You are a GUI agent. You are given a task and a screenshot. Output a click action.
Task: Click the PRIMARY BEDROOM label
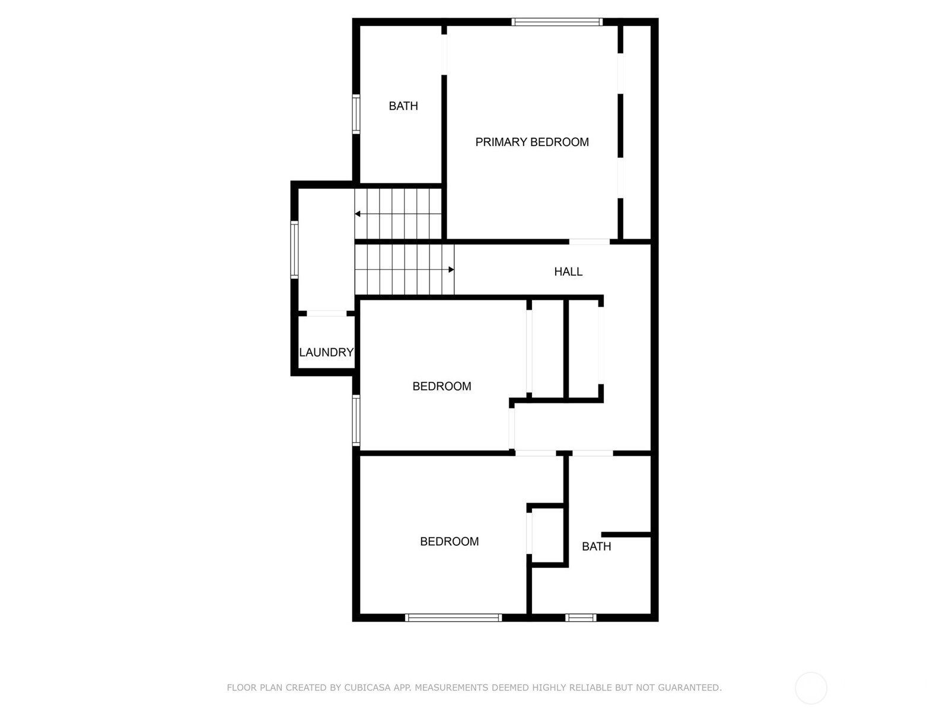click(532, 142)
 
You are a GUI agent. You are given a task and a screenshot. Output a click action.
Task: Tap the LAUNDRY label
click(326, 352)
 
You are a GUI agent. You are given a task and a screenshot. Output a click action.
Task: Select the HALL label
click(568, 272)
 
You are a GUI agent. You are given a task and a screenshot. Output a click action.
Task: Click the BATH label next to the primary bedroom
click(403, 106)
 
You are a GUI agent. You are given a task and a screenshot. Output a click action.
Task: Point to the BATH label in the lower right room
click(596, 546)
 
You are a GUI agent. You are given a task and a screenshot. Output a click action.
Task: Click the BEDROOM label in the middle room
click(441, 386)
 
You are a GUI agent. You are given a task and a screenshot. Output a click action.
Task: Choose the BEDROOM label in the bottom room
click(449, 541)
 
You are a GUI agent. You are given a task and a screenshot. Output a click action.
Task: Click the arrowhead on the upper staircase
click(358, 214)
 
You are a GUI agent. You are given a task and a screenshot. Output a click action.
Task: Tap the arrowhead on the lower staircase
click(451, 270)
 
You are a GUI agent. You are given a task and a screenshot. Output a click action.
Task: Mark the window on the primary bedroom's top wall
click(557, 22)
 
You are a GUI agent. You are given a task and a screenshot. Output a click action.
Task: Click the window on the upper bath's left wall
click(356, 114)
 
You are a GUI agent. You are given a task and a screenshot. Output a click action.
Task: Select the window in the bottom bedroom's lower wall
click(453, 618)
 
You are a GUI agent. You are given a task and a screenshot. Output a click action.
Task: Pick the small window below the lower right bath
click(581, 618)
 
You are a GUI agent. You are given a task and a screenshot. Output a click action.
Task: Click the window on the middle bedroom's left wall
click(356, 420)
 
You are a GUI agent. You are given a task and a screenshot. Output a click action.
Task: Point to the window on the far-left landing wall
click(294, 250)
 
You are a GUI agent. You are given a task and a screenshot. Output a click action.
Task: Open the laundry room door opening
click(326, 313)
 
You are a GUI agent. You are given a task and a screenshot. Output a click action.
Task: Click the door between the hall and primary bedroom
click(590, 241)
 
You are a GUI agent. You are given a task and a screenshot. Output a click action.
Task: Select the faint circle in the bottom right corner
click(811, 673)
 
